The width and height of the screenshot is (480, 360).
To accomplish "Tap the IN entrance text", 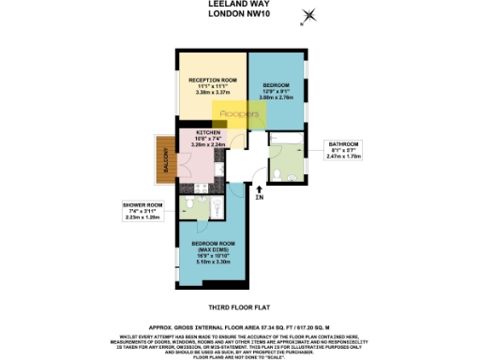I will [260, 198].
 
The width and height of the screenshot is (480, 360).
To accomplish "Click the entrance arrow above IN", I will [259, 188].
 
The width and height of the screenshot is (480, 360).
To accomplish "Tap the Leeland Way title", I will [239, 4].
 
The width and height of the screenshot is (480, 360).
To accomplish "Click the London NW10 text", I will [239, 13].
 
